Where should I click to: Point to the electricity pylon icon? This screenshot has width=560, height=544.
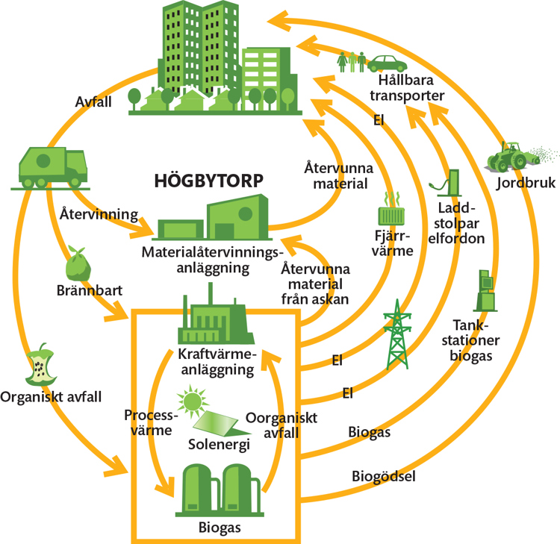click(x=397, y=335)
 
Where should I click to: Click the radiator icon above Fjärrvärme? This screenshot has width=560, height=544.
click(x=393, y=211)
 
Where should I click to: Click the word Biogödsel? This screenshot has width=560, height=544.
click(x=383, y=475)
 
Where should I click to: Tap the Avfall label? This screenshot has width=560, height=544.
click(x=93, y=101)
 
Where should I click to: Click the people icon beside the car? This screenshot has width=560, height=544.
click(x=352, y=60)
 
